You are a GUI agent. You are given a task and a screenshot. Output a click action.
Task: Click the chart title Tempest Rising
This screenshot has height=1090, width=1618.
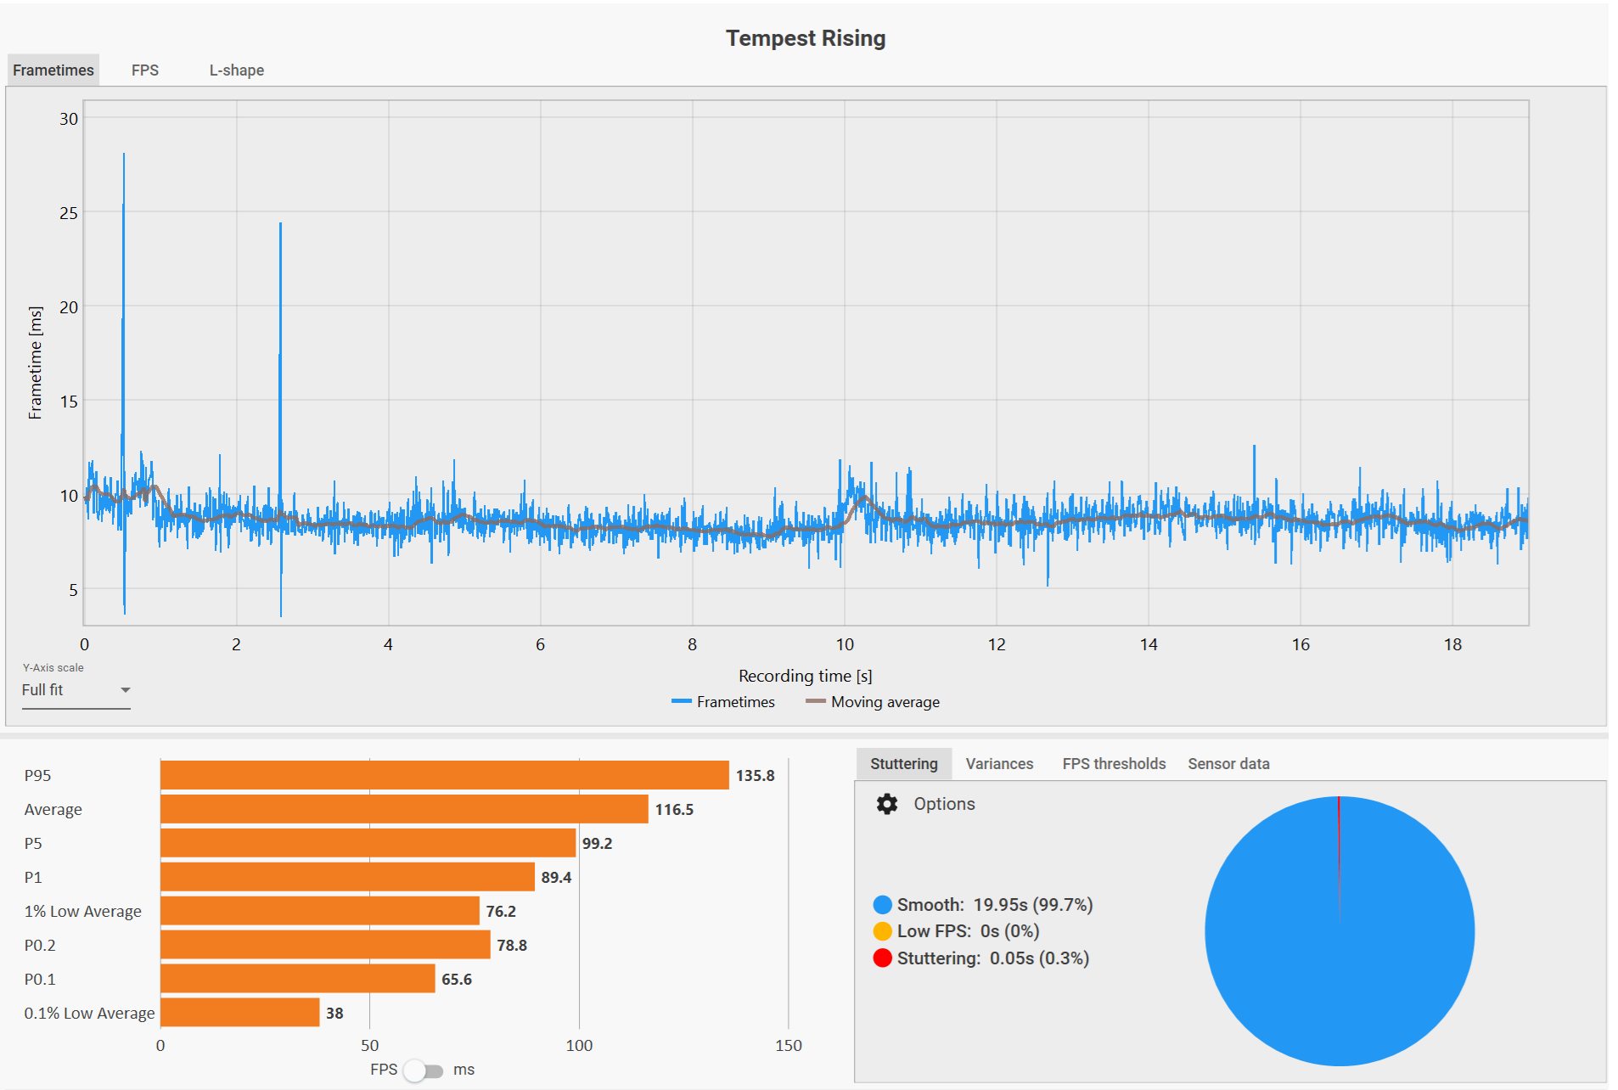(x=805, y=38)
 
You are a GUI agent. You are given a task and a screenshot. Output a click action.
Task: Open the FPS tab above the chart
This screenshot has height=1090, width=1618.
(x=145, y=70)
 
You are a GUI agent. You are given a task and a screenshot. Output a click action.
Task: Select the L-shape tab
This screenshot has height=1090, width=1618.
(x=236, y=70)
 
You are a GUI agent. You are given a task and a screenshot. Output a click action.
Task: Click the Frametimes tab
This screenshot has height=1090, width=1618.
(x=53, y=70)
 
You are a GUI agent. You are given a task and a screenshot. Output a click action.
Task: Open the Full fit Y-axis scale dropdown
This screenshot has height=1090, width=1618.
(x=76, y=690)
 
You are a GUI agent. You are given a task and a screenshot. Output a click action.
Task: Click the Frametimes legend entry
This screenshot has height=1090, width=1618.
(x=723, y=702)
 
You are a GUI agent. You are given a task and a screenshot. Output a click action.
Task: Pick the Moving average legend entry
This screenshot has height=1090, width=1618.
(x=874, y=702)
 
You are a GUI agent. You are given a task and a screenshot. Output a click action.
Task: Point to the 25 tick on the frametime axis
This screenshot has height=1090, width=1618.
(x=69, y=213)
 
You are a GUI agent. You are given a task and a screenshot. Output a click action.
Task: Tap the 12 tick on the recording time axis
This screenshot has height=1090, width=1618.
(x=997, y=644)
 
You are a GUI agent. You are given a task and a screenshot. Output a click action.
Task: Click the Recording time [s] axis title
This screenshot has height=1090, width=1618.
(x=805, y=676)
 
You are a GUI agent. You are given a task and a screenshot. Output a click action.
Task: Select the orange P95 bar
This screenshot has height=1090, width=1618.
(x=444, y=775)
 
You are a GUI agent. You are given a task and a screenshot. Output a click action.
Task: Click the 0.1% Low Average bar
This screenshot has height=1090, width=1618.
(x=239, y=1013)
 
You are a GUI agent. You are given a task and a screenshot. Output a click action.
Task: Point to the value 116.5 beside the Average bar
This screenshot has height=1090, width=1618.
(x=674, y=810)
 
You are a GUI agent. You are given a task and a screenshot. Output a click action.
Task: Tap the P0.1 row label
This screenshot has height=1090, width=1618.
(x=40, y=980)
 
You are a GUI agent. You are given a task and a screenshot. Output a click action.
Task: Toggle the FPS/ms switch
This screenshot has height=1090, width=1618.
(x=423, y=1070)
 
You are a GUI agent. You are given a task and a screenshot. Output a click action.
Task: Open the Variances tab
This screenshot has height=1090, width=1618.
(x=999, y=764)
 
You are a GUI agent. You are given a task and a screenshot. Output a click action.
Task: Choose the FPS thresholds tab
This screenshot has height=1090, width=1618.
(x=1114, y=764)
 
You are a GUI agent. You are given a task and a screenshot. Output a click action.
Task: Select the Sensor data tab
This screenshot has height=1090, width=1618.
(x=1228, y=764)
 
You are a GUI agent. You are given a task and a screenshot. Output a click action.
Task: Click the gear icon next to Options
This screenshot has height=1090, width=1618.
(x=887, y=804)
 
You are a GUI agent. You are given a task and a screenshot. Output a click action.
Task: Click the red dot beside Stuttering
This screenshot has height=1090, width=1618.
(x=883, y=958)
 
